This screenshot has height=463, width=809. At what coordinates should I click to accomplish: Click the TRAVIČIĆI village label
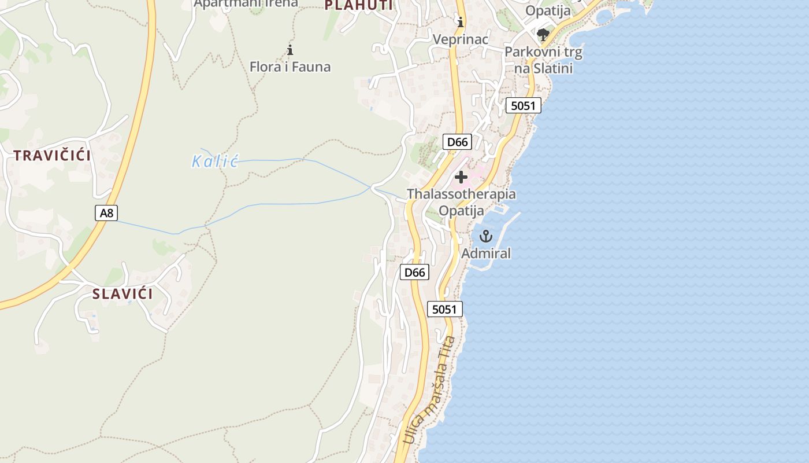[x=53, y=156]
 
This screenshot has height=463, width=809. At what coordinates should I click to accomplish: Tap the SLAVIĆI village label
[x=123, y=294]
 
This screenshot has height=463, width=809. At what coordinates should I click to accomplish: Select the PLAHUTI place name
[x=358, y=6]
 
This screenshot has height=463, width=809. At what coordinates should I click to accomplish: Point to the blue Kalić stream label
[x=215, y=161]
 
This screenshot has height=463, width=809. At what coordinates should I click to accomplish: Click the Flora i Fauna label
[x=290, y=67]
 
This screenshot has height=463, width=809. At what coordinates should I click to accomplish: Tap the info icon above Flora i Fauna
[x=290, y=50]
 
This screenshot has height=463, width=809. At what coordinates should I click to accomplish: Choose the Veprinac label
[x=461, y=39]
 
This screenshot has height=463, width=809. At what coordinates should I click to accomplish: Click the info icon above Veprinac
[x=461, y=23]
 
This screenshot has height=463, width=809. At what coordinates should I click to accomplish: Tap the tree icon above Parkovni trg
[x=543, y=35]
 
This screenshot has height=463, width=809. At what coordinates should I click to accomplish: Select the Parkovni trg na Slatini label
[x=543, y=60]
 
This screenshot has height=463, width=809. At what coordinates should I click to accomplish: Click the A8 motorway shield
[x=106, y=213]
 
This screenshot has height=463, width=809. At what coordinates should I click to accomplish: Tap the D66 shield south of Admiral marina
[x=415, y=272]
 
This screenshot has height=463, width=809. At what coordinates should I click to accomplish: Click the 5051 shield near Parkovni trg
[x=524, y=105]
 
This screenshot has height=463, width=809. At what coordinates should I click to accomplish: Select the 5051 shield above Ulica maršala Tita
[x=444, y=309]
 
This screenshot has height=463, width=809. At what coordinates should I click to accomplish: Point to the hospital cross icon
[x=461, y=177]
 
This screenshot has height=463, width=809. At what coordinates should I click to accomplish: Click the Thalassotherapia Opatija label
[x=461, y=202]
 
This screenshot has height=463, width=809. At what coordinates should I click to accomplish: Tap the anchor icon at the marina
[x=485, y=236]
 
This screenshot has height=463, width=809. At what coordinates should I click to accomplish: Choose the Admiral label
[x=486, y=253]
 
